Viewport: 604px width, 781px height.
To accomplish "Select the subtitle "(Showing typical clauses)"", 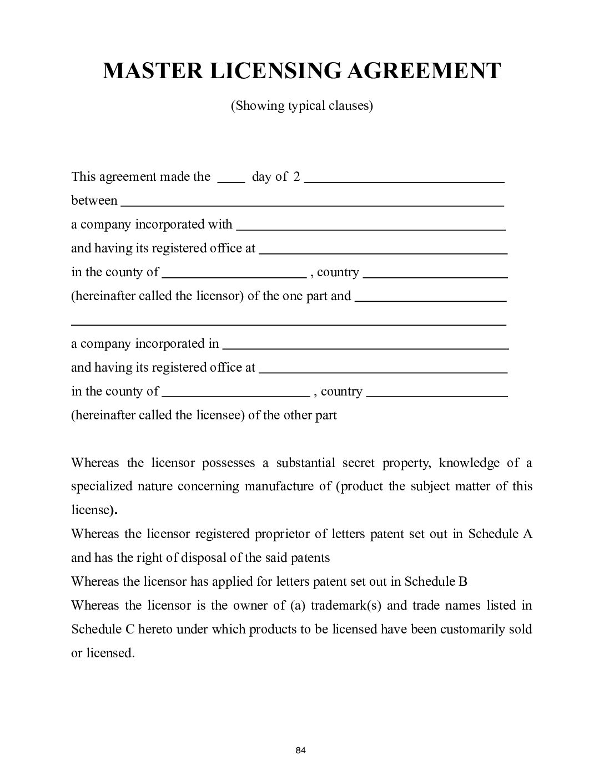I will [x=301, y=105].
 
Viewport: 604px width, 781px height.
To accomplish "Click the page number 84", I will [x=301, y=750].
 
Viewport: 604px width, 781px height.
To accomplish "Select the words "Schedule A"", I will [x=500, y=534].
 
